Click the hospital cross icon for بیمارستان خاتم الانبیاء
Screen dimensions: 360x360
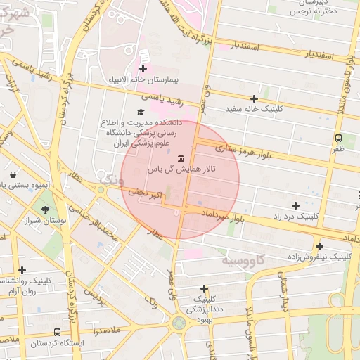point(143,68)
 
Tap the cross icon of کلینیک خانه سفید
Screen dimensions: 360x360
point(254,98)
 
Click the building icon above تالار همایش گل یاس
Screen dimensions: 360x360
point(182,158)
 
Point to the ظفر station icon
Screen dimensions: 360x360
point(339,138)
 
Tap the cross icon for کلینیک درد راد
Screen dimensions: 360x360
point(295,205)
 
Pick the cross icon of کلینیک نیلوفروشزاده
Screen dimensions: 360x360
point(319,246)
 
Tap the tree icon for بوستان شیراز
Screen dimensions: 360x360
point(46,210)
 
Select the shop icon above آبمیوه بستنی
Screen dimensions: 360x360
point(13,174)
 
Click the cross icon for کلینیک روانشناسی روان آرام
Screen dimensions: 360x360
point(22,270)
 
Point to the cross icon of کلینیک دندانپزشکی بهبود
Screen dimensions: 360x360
point(204,288)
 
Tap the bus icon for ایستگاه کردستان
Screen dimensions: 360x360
point(57,332)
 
